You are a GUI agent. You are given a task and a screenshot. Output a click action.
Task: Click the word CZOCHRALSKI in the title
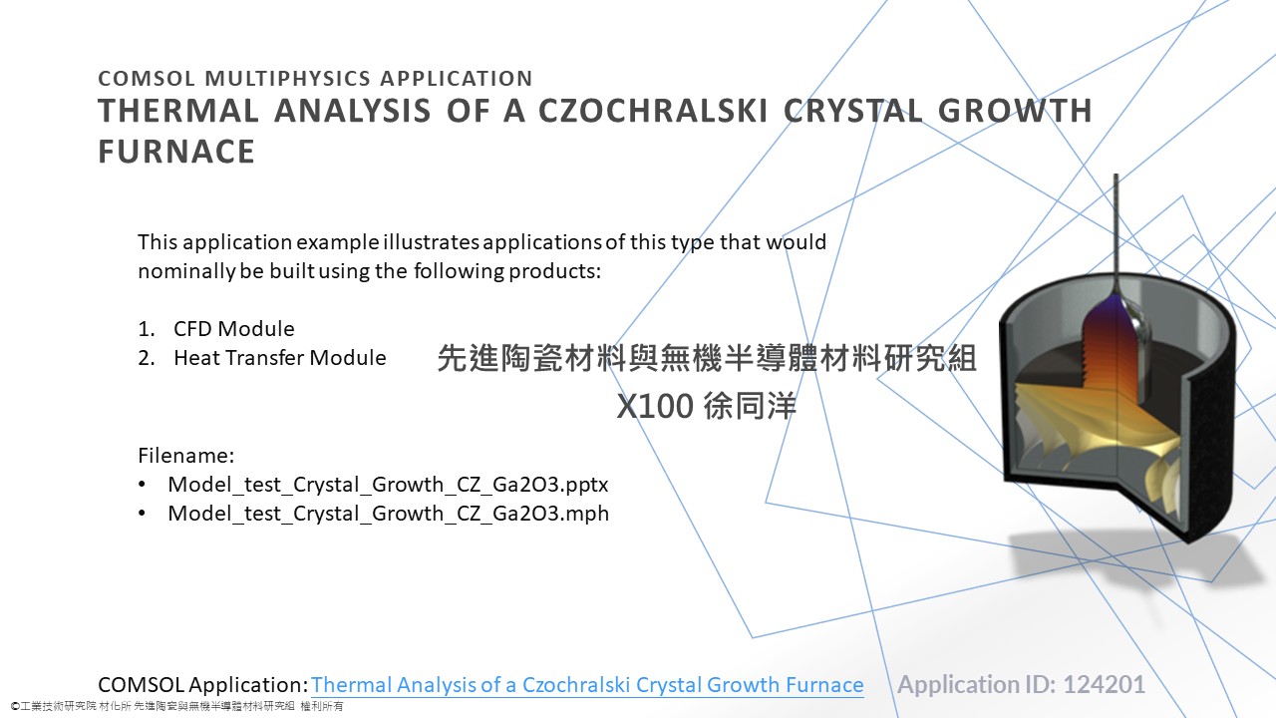tap(653, 111)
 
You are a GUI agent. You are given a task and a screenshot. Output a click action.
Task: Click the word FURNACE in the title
tap(176, 152)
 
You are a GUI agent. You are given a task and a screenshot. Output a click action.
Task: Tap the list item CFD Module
tap(233, 329)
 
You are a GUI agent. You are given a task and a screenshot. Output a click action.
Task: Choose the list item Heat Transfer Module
tap(280, 358)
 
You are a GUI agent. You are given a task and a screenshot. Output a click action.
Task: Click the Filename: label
tap(185, 456)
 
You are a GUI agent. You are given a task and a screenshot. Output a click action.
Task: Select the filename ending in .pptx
tap(388, 485)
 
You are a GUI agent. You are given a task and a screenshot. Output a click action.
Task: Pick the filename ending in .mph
tap(388, 514)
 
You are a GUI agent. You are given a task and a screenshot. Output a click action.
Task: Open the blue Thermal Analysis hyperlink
tap(587, 684)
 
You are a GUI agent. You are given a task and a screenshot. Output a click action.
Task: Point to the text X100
tap(655, 406)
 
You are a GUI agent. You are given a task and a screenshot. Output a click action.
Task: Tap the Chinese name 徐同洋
tap(750, 406)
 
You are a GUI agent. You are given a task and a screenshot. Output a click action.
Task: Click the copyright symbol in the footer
tap(15, 707)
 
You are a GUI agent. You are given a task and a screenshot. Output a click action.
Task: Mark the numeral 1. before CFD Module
tap(146, 329)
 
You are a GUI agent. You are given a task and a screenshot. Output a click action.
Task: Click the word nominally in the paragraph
tap(185, 271)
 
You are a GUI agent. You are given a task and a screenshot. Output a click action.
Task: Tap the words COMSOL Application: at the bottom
tap(203, 685)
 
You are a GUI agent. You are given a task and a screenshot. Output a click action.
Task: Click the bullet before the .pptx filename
tap(143, 485)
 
